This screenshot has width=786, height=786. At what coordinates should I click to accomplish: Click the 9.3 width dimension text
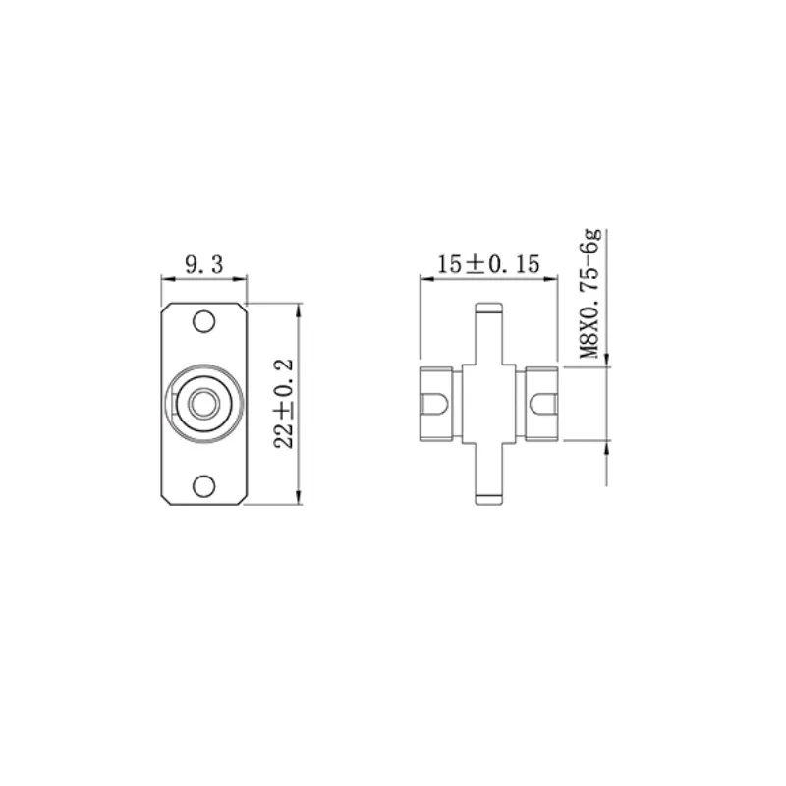click(x=203, y=263)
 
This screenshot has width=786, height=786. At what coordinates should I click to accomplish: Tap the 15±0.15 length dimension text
click(x=487, y=263)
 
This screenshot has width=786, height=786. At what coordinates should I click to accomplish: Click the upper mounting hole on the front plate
click(x=203, y=320)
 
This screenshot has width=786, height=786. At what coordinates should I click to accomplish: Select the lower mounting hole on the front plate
click(x=203, y=485)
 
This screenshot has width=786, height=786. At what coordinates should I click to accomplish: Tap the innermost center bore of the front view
click(x=203, y=403)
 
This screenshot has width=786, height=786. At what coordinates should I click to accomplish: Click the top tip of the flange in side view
click(x=487, y=307)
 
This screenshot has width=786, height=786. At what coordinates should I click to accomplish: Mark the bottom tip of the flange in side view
click(x=487, y=503)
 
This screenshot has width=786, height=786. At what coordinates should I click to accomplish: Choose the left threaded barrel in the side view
click(x=437, y=404)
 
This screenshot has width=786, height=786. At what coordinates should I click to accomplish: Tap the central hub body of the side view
click(x=487, y=404)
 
